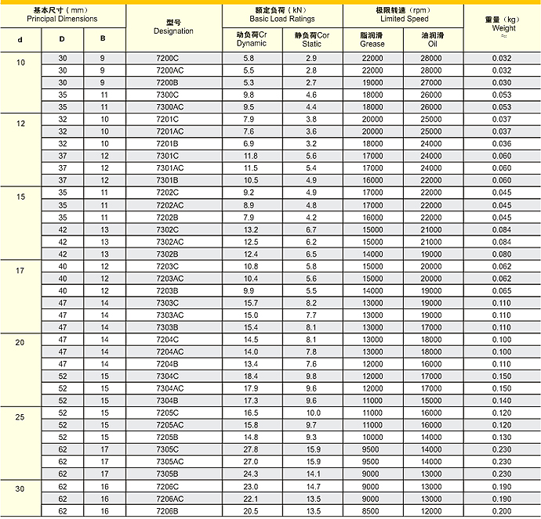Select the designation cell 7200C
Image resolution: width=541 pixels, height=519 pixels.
pos(168,59)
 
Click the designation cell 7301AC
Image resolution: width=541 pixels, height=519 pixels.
pos(169,168)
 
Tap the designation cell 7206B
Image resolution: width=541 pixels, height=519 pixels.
pos(168,510)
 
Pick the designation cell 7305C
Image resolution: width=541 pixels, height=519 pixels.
pos(168,449)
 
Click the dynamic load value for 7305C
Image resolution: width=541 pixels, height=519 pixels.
pos(251,449)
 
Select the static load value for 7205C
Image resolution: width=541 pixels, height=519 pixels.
pos(313,413)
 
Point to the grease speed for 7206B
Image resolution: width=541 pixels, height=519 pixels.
pos(372,510)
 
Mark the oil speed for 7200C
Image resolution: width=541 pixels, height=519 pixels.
pos(431,59)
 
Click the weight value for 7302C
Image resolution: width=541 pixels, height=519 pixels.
pos(502,229)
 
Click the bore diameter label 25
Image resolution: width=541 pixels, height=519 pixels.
pos(20,416)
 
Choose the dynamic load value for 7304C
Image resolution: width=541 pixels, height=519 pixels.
pos(251,376)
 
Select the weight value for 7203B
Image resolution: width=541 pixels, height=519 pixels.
pos(502,290)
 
